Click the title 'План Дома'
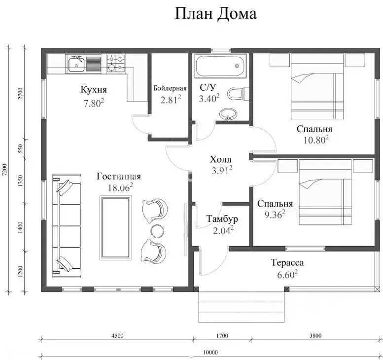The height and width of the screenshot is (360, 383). pos(215,14)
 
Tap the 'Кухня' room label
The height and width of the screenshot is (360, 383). pos(94,90)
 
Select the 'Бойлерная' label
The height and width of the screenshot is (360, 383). pos(170,88)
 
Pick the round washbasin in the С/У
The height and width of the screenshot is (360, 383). pos(228,114)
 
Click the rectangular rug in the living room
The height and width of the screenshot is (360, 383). pos(116,227)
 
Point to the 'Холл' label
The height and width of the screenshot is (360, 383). pos(220,160)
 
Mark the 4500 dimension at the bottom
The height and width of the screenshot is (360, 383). pos(117,336)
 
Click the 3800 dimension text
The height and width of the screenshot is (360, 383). pos(315,336)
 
